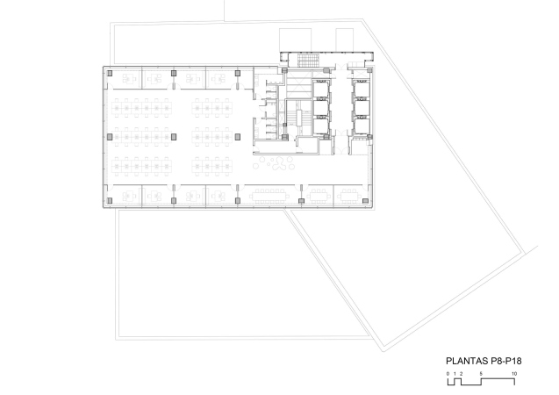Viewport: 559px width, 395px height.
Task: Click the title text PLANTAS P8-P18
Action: click(x=484, y=361)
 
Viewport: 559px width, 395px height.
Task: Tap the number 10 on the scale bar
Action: click(x=514, y=374)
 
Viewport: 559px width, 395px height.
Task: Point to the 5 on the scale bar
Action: click(x=481, y=374)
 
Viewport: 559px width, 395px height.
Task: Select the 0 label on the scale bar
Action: click(x=448, y=374)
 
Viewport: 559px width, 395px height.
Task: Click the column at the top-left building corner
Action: click(x=110, y=73)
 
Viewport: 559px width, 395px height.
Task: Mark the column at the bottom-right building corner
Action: click(x=365, y=201)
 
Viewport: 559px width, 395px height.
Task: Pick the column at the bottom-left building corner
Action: click(x=110, y=201)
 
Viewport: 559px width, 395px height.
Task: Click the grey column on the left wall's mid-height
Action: click(x=110, y=137)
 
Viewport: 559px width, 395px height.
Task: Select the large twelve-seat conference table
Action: click(x=269, y=196)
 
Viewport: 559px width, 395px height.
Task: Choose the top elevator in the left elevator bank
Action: click(x=320, y=90)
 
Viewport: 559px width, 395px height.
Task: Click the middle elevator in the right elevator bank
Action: click(x=362, y=108)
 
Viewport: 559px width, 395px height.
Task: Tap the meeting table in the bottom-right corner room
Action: click(x=349, y=196)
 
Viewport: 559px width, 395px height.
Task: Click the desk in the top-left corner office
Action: click(x=130, y=79)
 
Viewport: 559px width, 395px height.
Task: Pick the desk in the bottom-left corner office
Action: click(x=130, y=196)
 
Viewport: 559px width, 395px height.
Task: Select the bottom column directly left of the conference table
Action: click(x=238, y=201)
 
